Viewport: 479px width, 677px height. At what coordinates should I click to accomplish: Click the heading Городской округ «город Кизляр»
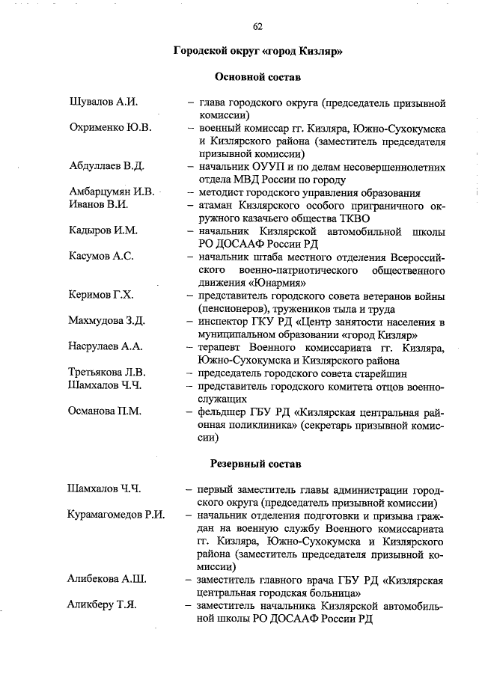(257, 52)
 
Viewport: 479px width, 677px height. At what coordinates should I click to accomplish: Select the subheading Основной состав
(257, 77)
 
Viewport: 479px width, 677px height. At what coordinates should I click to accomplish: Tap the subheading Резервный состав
(257, 463)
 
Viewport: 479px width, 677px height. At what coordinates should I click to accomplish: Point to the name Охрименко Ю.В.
(110, 128)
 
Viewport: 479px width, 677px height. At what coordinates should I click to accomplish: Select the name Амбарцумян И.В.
(111, 192)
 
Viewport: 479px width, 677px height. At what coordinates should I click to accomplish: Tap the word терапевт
(222, 347)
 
